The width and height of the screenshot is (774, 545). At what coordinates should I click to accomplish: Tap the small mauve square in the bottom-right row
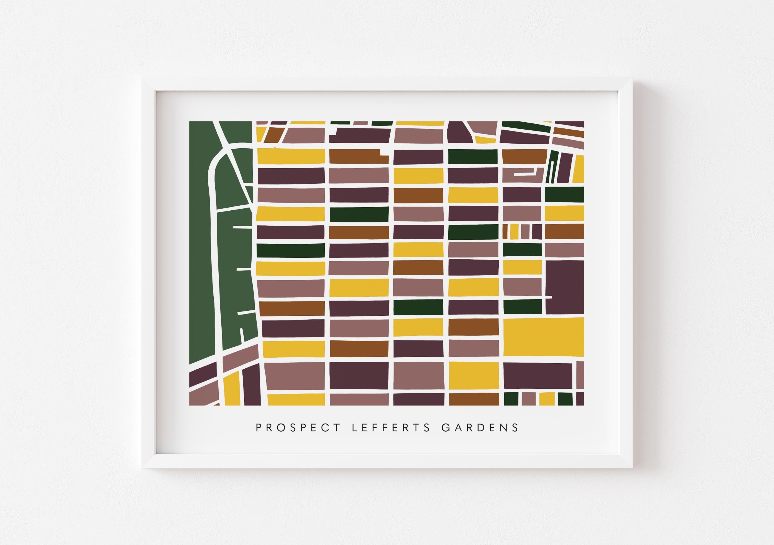point(529,399)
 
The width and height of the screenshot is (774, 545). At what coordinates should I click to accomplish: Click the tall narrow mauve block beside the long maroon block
point(580,375)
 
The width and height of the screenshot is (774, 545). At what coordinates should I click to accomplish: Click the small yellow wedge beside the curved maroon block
point(485,140)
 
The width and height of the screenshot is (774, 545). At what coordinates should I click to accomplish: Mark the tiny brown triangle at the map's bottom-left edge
point(217,404)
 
